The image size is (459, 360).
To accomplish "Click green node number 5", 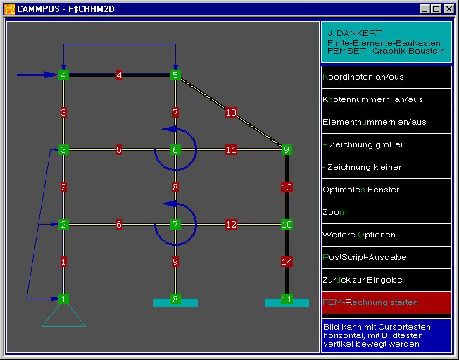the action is pos(175,75).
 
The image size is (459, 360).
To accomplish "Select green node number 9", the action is pos(287,149).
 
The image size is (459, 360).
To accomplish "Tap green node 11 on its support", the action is pos(287,299).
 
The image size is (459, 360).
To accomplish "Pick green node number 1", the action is pos(63,299).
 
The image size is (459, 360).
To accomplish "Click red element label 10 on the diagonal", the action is pos(231,113).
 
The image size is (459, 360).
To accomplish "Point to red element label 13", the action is pos(287,187).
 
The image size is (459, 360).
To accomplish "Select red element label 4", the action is pos(119,75).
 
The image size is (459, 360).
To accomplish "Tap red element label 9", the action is pos(175,261).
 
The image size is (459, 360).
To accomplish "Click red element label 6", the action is pos(119,224).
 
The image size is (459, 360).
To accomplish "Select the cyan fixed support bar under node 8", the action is pos(175,304).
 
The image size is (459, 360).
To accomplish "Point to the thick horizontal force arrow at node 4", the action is pos(37,75).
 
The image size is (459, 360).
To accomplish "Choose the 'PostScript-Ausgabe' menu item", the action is pos(365,257).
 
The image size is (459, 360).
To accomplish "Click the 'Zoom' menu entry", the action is pos(334,212).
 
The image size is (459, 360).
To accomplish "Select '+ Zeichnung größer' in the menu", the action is pos(363,144).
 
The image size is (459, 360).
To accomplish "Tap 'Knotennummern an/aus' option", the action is pos(372,99).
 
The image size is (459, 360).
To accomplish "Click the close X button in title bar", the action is pos(448,9).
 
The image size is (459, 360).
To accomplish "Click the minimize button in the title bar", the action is pos(425,9).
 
